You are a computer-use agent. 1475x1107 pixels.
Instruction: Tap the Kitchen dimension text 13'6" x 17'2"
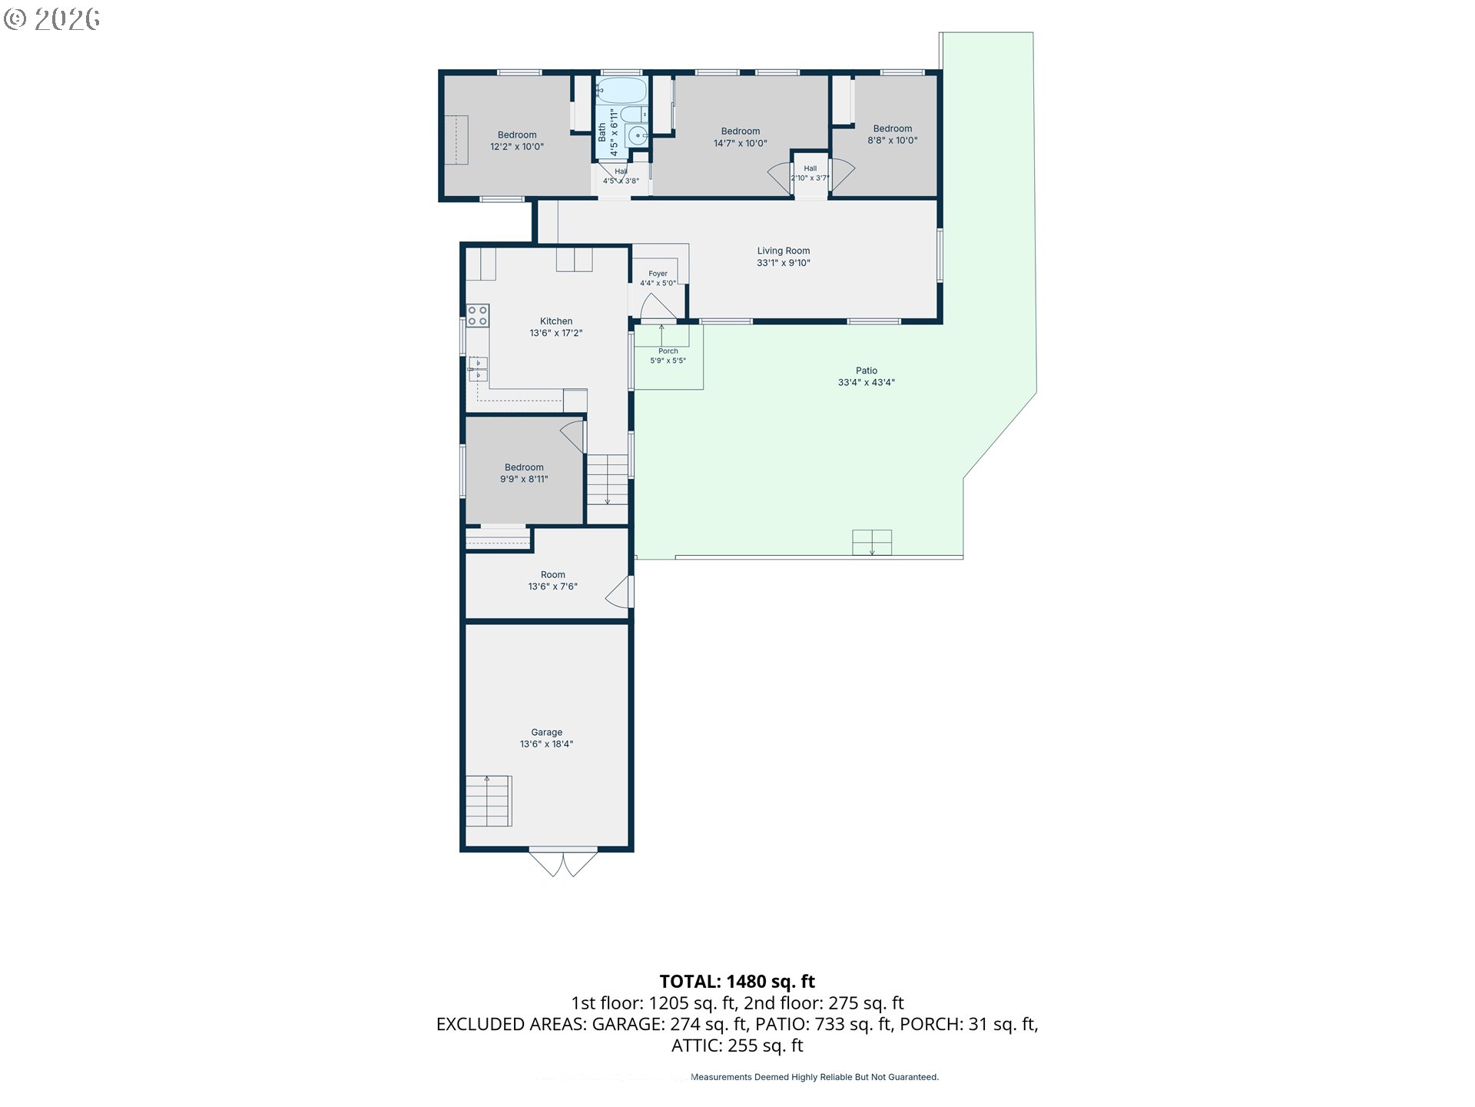556,334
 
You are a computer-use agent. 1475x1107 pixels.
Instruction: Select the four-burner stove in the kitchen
478,316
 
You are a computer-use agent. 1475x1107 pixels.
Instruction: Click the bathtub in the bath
621,91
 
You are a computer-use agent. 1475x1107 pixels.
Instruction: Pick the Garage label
547,733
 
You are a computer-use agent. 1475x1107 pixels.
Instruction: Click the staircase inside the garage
489,801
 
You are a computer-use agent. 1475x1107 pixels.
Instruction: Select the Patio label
867,371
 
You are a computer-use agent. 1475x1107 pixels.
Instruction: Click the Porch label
668,351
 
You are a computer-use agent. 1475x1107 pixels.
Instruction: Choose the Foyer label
658,274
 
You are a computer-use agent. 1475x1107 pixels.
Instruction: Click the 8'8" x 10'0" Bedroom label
893,135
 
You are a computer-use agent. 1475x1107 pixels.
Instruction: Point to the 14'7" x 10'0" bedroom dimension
741,144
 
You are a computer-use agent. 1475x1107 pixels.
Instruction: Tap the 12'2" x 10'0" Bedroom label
517,141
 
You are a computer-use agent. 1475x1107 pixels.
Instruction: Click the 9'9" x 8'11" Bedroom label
524,474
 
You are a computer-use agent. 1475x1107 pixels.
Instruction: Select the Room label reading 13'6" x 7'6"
552,580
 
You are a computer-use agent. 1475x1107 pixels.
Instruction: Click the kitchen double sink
478,369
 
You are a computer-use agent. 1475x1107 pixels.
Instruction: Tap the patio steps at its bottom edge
872,543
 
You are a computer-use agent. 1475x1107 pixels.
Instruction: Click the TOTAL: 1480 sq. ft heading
737,982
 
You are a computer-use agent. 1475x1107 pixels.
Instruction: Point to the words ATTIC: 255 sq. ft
737,1045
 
